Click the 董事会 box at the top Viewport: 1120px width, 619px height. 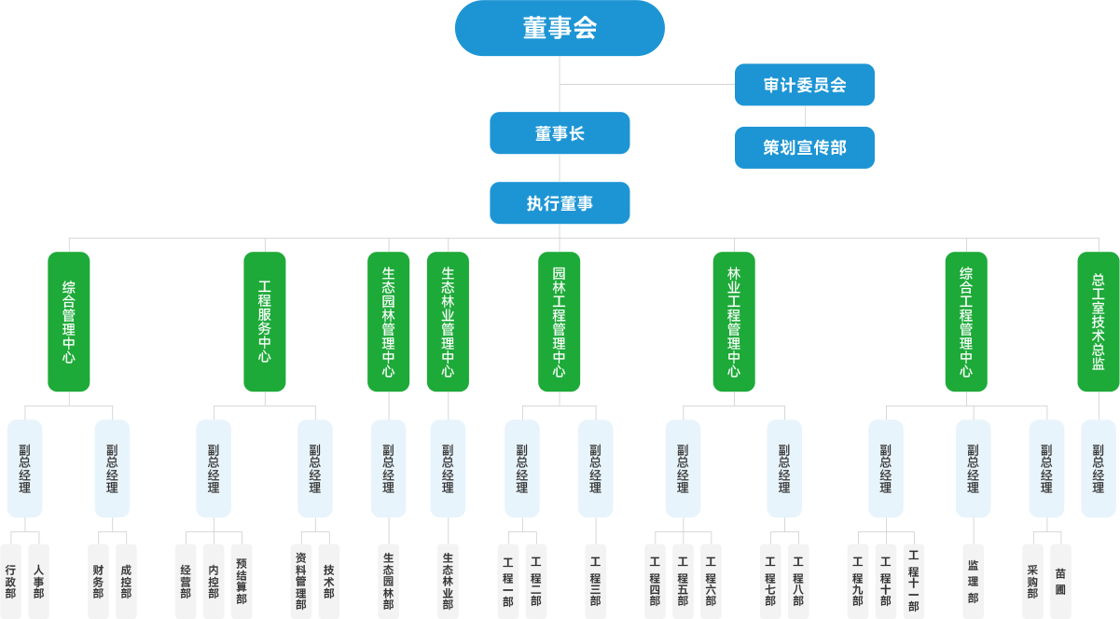pyautogui.click(x=560, y=28)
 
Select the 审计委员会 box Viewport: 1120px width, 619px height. pyautogui.click(x=804, y=85)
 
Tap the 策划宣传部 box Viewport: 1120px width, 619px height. pyautogui.click(x=804, y=147)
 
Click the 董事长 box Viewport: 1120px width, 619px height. pyautogui.click(x=560, y=133)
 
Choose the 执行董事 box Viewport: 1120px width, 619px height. pyautogui.click(x=560, y=202)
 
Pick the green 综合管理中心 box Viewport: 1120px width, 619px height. pyautogui.click(x=69, y=322)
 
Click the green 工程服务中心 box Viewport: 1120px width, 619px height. pyautogui.click(x=265, y=322)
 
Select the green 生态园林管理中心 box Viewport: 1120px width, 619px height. pyautogui.click(x=389, y=322)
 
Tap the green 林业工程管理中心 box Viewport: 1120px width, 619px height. pyautogui.click(x=734, y=322)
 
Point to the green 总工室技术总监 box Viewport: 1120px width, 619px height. pyautogui.click(x=1098, y=322)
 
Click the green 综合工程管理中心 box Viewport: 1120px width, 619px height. pyautogui.click(x=966, y=322)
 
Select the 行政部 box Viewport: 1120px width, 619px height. pyautogui.click(x=10, y=581)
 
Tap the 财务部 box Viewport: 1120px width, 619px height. pyautogui.click(x=98, y=581)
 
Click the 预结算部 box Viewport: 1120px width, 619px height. pyautogui.click(x=242, y=581)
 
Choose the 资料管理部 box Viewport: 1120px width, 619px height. pyautogui.click(x=300, y=581)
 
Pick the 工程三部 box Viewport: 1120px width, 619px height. pyautogui.click(x=595, y=581)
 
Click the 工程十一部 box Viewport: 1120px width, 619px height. pyautogui.click(x=913, y=581)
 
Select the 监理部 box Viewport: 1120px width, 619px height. pyautogui.click(x=973, y=581)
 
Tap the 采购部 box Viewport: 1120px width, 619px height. pyautogui.click(x=1032, y=581)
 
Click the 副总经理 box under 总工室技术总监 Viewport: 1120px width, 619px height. pyautogui.click(x=1098, y=468)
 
